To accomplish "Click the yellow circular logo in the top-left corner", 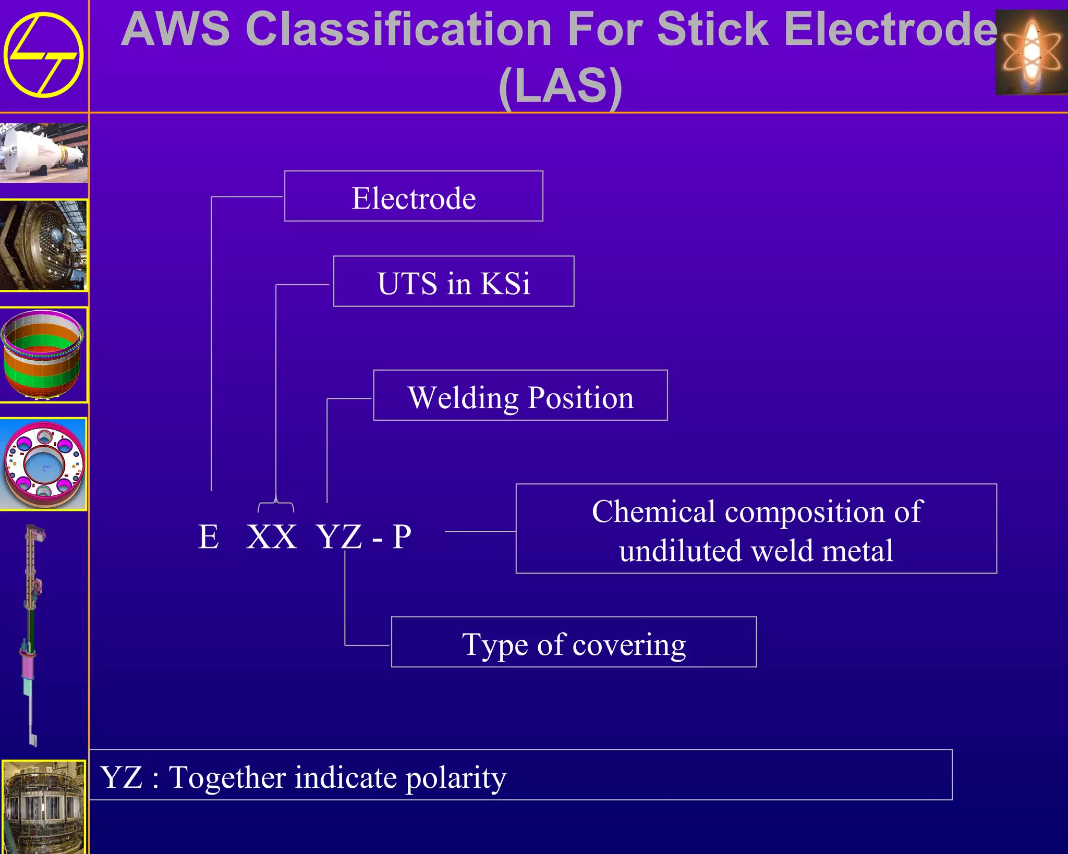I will pos(43,55).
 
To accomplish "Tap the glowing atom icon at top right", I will pos(1031,52).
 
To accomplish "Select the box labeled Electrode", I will pos(414,197).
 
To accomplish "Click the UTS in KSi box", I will pos(454,282).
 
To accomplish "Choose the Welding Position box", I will pos(520,396).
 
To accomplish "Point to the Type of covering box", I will pos(574,642).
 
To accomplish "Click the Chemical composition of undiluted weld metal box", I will pos(756,529).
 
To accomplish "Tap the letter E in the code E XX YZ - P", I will pos(209,536).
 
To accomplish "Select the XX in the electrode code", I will pos(271,536).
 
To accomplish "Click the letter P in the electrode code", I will pos(402,536).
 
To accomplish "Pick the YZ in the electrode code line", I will pos(339,536).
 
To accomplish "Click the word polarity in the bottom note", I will pos(456,778).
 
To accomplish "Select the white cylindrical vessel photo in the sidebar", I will pos(44,153).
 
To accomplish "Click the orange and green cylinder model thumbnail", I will pos(43,355).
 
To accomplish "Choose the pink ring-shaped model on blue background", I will pos(44,464).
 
